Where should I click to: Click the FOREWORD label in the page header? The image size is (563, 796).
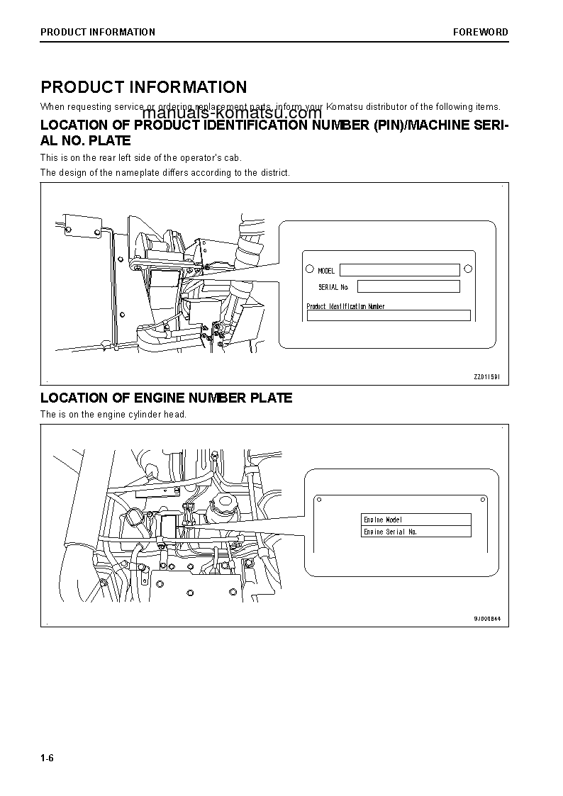[x=481, y=32]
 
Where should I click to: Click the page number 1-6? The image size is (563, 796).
[x=48, y=758]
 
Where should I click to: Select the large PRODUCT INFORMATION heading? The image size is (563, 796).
[x=144, y=87]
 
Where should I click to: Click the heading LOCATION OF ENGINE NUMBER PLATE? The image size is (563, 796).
[x=166, y=398]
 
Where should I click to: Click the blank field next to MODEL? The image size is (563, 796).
[x=399, y=270]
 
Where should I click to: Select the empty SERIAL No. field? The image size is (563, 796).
[x=408, y=286]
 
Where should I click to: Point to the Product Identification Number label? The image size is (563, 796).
[x=345, y=306]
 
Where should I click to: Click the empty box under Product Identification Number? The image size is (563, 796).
[x=388, y=315]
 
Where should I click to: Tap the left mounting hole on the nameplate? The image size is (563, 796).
[x=308, y=269]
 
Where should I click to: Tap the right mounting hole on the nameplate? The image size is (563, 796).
[x=467, y=269]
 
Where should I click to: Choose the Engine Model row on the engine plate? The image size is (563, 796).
[x=416, y=520]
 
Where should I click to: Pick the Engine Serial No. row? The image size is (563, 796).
[x=416, y=532]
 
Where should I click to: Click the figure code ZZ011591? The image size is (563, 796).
[x=486, y=377]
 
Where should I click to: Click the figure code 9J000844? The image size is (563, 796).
[x=487, y=618]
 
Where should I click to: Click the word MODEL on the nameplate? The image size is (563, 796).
[x=326, y=271]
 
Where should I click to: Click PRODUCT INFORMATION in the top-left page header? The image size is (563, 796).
[x=98, y=32]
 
